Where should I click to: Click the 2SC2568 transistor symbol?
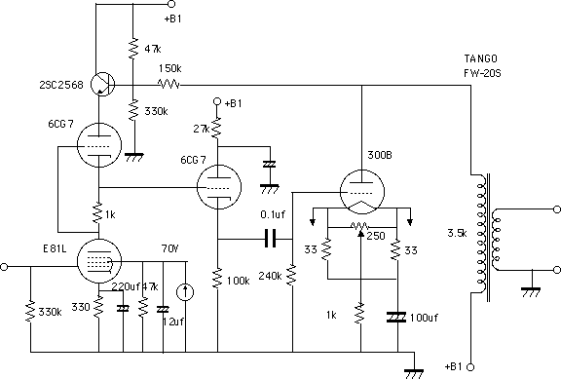point(102,85)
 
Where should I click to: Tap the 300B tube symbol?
point(362,192)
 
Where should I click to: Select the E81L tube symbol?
point(99,261)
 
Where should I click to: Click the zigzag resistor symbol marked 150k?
point(168,85)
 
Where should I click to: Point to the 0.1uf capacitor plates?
point(271,239)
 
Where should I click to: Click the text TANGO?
point(480,58)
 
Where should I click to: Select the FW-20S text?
point(482,73)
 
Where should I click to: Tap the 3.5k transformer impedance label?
point(457,233)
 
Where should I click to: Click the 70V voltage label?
point(169,248)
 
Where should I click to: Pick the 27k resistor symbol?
point(217,129)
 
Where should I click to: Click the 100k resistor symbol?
point(217,279)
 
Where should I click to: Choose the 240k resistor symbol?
point(292,275)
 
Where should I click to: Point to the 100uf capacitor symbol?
point(396,317)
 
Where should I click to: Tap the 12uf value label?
point(173,322)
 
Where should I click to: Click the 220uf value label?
point(126,286)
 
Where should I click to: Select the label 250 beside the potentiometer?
point(376,236)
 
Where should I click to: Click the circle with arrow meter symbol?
point(185,292)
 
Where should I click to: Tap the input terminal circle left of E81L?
point(4,267)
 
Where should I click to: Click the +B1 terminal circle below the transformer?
point(470,367)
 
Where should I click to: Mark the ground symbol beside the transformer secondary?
point(532,292)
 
